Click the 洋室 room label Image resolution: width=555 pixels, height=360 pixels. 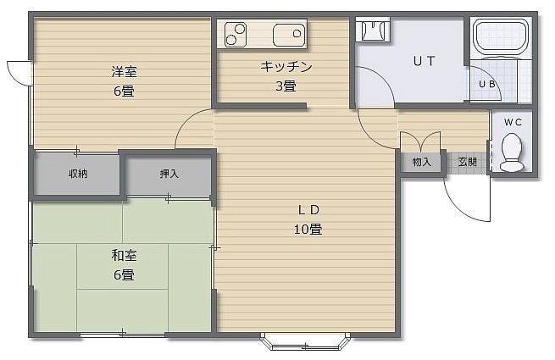124,72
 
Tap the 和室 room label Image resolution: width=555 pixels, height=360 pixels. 124,255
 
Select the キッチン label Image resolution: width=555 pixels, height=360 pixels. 286,67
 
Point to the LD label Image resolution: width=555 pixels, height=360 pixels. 308,210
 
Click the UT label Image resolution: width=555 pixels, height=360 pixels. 424,61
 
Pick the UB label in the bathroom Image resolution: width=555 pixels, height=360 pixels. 486,84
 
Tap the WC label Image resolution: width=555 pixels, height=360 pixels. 513,122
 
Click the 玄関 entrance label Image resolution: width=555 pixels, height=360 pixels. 467,162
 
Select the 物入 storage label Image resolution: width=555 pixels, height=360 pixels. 421,162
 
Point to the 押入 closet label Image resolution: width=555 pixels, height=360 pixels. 169,174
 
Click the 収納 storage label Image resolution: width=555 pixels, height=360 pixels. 78,174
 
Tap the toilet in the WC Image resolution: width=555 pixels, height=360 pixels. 512,152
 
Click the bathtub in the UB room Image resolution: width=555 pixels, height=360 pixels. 501,38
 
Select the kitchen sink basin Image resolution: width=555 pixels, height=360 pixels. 289,35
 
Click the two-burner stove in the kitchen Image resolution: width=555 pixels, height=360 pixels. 236,34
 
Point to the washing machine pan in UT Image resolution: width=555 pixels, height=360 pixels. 373,30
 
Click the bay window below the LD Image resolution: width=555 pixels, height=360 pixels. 305,341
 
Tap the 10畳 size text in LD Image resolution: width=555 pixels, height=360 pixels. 308,230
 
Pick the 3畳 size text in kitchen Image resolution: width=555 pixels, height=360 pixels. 286,86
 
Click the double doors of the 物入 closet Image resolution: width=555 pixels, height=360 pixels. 420,141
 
